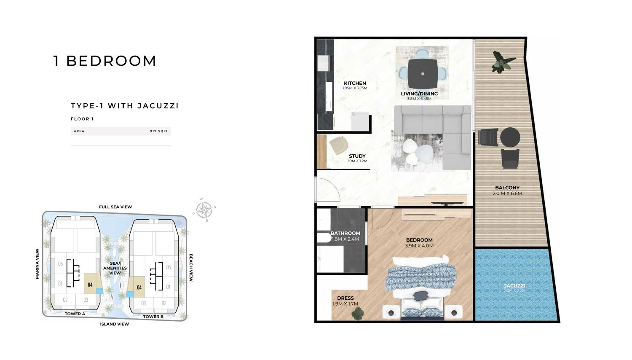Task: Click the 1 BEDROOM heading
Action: point(105,61)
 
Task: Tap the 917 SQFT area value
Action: point(159,131)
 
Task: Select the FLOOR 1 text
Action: point(82,119)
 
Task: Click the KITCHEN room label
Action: point(355,83)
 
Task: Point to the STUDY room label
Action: point(357,156)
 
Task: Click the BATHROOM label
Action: point(345,233)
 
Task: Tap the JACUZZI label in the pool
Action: point(514,286)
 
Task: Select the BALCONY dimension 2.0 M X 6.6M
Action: point(507,193)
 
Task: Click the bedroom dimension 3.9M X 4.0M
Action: point(419,246)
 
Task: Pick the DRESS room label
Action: point(345,298)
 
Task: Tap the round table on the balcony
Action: point(510,137)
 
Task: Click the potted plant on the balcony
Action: point(503,61)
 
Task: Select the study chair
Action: point(339,145)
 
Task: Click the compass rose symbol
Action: point(204,209)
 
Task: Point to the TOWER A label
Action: point(75,314)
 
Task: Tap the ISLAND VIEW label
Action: point(115,324)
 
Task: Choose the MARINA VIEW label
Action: point(37,263)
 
